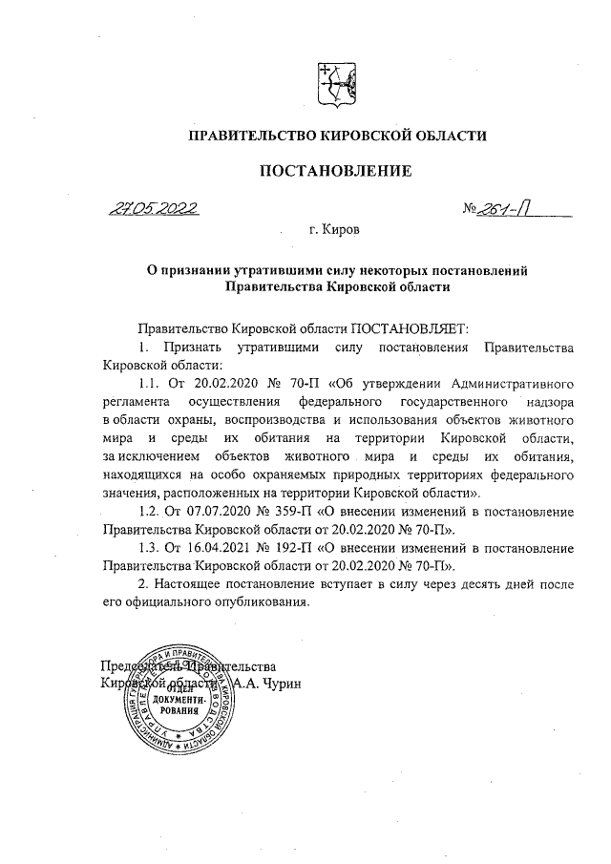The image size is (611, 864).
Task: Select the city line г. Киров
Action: pos(334,230)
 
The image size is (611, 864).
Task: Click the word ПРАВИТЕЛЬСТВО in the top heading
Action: pos(251,137)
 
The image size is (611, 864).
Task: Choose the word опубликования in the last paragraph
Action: pos(257,602)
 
